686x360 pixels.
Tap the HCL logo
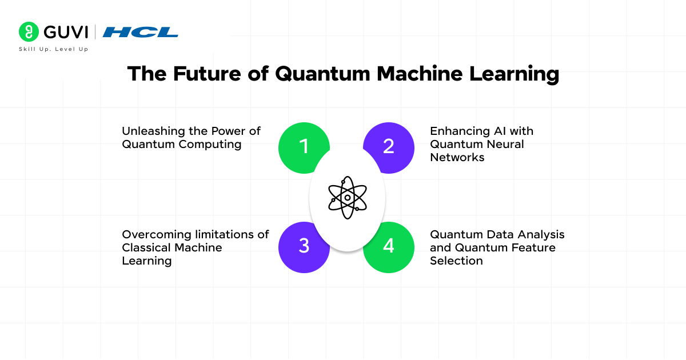coord(140,32)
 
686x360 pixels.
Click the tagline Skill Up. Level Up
coord(53,49)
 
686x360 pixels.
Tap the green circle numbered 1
coord(303,147)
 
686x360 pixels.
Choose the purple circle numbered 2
coord(389,147)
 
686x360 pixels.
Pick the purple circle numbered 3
coord(303,246)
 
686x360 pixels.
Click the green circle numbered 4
coord(389,246)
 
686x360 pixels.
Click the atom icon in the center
coord(347,197)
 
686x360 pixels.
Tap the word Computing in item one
coord(210,144)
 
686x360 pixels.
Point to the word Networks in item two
coord(457,157)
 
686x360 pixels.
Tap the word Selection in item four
coord(456,261)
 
